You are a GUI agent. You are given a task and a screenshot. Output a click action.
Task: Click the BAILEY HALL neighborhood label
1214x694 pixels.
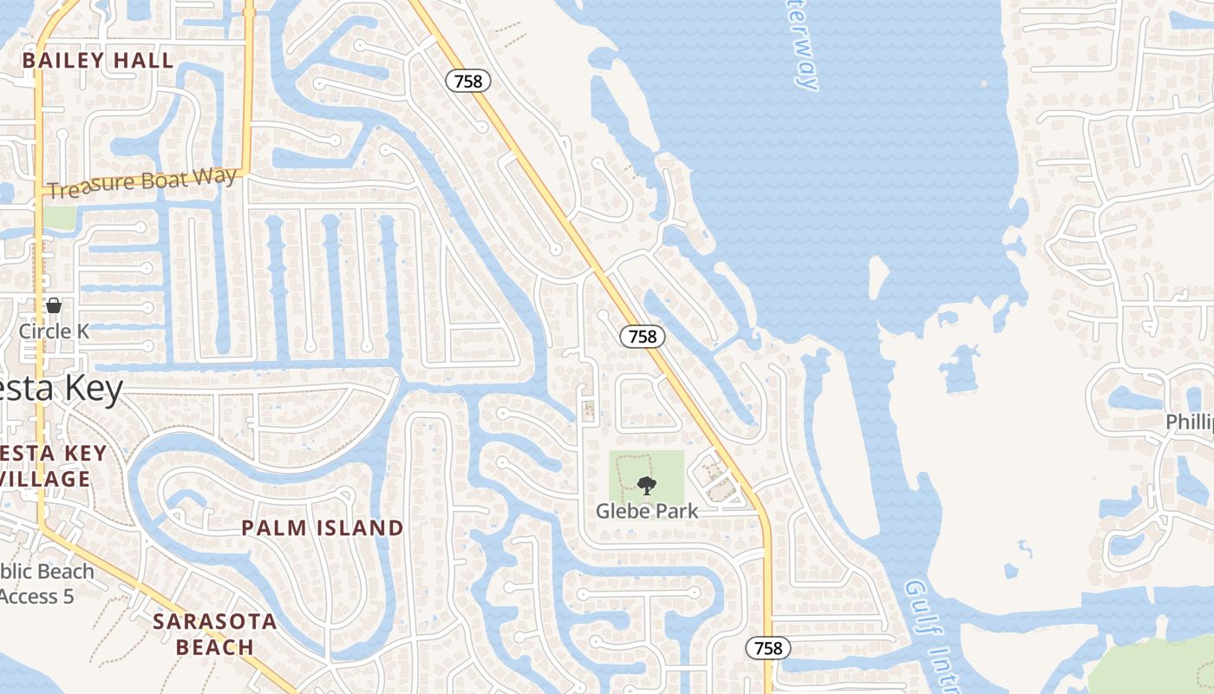[x=98, y=61]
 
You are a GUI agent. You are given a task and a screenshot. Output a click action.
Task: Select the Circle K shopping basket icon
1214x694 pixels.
[x=54, y=305]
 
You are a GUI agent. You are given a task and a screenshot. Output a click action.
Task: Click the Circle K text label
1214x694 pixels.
[x=54, y=331]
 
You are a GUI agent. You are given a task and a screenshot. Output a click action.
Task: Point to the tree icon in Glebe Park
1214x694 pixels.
[x=646, y=486]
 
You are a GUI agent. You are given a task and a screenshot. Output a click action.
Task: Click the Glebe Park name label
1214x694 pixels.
[x=646, y=511]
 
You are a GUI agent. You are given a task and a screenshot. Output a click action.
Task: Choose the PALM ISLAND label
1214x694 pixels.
[x=322, y=527]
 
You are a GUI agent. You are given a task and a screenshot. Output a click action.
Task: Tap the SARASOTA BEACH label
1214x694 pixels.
[x=215, y=634]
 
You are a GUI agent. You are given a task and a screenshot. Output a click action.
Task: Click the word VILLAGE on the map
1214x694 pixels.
[x=45, y=479]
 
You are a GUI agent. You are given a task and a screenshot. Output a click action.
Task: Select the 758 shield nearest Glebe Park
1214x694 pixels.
[x=643, y=337]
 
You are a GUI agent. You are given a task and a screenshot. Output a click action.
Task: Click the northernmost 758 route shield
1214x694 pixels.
[x=468, y=82]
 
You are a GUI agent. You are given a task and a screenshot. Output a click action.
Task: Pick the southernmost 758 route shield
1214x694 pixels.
[x=768, y=648]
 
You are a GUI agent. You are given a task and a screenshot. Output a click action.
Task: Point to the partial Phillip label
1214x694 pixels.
[x=1189, y=422]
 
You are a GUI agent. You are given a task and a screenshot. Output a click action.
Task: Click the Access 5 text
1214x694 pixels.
[x=36, y=597]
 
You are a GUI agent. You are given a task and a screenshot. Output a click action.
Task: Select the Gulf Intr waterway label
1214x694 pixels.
[x=933, y=633]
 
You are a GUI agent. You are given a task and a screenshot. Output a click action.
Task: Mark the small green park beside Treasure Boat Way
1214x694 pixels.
[x=59, y=218]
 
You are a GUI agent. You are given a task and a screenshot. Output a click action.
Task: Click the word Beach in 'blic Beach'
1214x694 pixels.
[x=64, y=572]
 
